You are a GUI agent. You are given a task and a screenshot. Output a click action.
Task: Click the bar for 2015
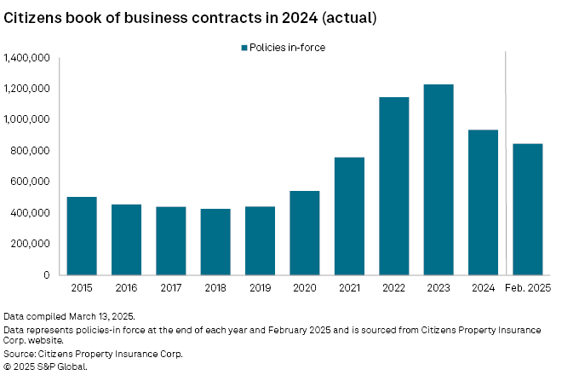tap(82, 235)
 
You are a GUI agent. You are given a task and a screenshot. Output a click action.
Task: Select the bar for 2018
tap(215, 241)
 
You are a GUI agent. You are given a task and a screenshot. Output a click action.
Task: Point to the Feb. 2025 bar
tap(527, 209)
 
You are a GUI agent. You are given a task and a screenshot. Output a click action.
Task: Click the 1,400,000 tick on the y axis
tap(26, 58)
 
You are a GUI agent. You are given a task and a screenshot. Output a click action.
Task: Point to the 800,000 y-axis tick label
tap(31, 151)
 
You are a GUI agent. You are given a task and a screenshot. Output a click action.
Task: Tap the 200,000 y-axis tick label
tap(31, 244)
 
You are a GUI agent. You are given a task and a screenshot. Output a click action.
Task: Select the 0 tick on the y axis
tap(47, 275)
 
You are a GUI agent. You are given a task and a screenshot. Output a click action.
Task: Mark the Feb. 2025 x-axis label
tap(527, 288)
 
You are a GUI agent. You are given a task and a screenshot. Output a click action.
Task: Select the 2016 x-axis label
tap(126, 288)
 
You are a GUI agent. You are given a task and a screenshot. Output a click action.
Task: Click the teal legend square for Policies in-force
tap(244, 48)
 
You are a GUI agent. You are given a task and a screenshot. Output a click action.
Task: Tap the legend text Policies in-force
tap(287, 48)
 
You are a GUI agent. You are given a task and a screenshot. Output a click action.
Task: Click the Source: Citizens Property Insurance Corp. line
tap(94, 354)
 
